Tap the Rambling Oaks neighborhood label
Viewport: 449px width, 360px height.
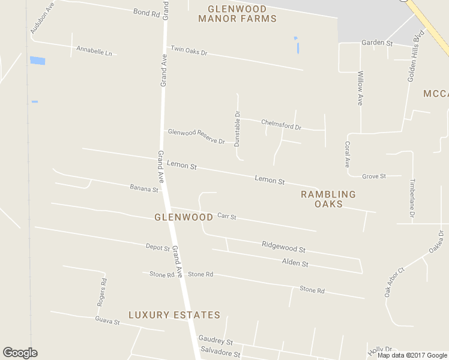(328, 199)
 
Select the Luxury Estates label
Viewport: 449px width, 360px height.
(174, 315)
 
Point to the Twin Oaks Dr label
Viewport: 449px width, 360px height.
(188, 51)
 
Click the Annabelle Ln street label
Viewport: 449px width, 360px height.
(94, 50)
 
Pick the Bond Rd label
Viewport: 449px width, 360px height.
(146, 13)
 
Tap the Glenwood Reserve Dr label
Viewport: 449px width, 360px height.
(196, 137)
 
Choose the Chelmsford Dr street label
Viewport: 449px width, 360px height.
(281, 125)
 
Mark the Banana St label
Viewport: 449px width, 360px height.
(143, 188)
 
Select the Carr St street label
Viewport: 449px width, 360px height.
(227, 216)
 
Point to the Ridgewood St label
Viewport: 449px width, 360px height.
(283, 246)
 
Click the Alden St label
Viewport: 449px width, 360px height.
(295, 263)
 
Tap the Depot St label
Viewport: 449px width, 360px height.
(158, 246)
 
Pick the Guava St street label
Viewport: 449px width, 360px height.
(107, 321)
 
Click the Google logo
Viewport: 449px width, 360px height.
(20, 353)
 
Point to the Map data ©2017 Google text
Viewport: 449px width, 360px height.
(412, 355)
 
